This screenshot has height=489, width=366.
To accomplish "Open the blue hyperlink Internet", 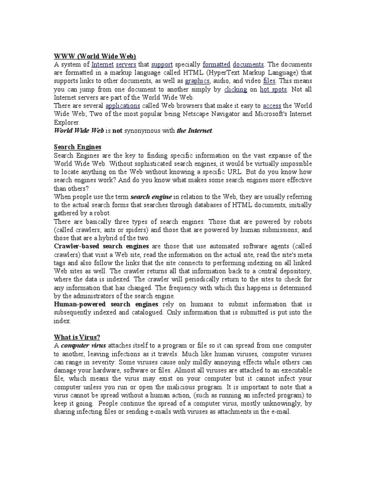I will tap(102, 64).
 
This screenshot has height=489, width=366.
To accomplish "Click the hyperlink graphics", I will tap(197, 81).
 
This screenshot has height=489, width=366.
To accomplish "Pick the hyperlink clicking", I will tap(235, 89).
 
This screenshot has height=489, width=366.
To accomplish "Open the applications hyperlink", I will tap(122, 106).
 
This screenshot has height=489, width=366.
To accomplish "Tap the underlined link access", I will tap(272, 106).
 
